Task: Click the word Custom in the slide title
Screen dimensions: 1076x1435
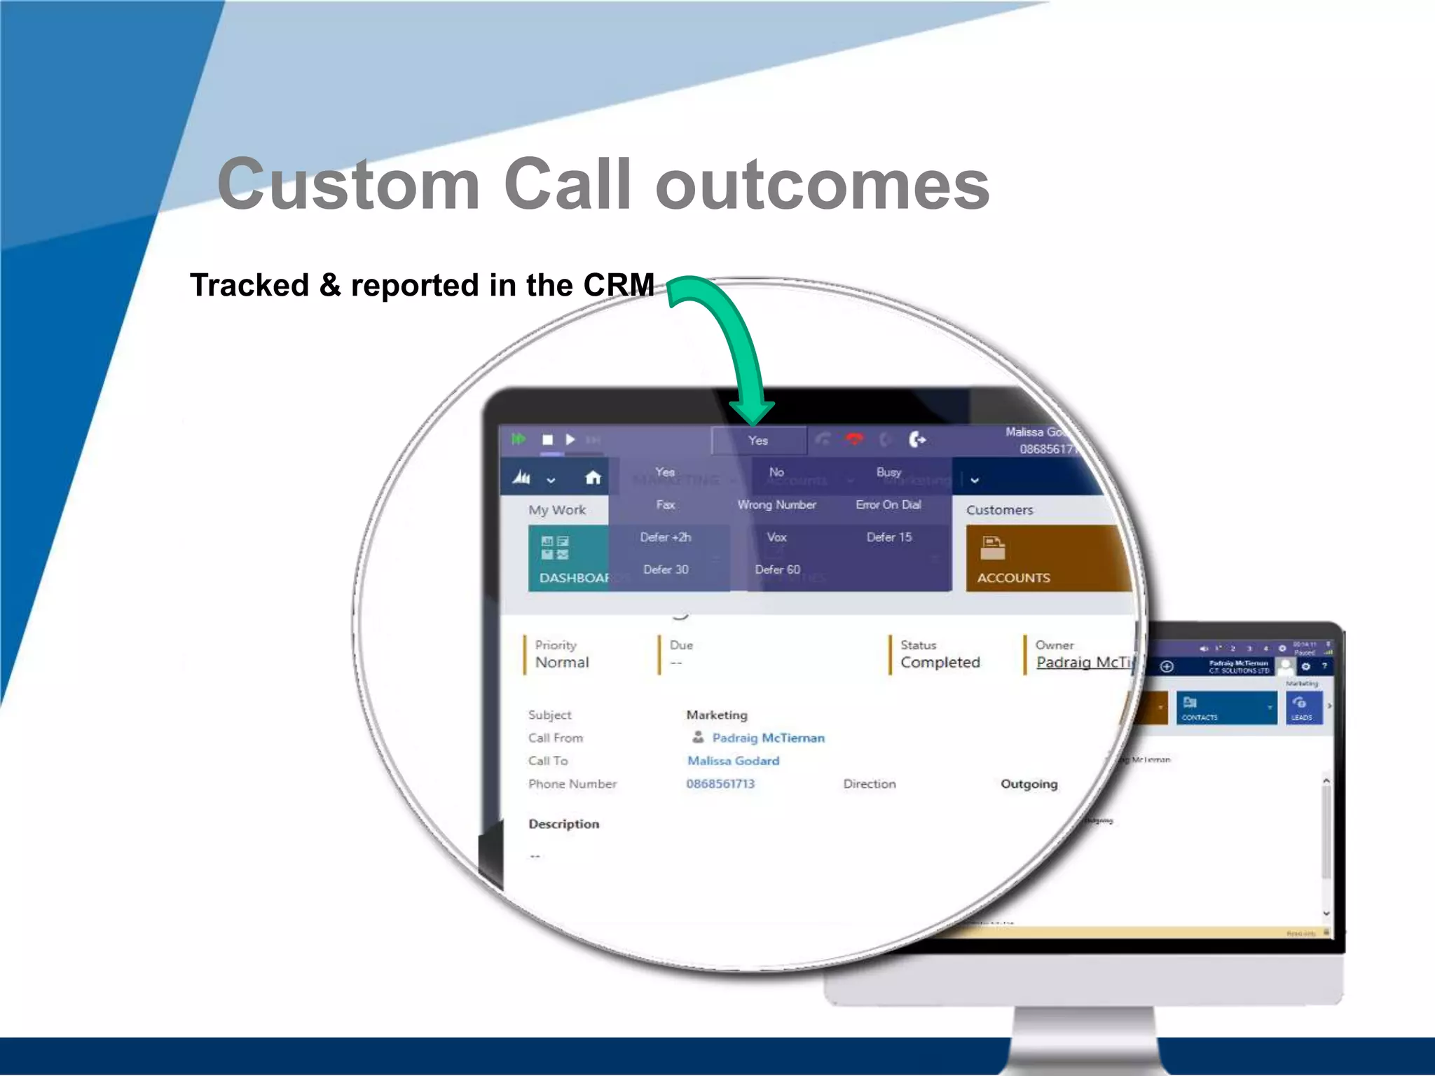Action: [x=348, y=184]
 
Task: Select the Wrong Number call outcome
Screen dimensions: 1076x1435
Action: [x=776, y=504]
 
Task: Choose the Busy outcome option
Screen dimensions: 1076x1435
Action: [x=888, y=472]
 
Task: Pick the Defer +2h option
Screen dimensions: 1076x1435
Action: [x=665, y=537]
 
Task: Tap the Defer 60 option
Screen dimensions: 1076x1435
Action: [x=777, y=570]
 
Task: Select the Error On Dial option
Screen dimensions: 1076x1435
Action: [x=888, y=504]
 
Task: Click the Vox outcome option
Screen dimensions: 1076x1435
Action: [x=776, y=537]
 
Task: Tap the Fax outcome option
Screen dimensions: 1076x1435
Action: [x=665, y=504]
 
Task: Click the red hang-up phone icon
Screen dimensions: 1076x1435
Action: [x=854, y=439]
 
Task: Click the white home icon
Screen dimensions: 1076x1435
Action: [x=593, y=478]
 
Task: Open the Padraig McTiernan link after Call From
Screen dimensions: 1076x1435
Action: [x=768, y=738]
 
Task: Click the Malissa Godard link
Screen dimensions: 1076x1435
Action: [x=733, y=761]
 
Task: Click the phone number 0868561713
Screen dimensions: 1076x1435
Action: [x=720, y=784]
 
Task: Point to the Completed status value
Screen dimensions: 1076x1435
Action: [x=940, y=663]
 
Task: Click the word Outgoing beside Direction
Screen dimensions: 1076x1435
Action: [x=1029, y=784]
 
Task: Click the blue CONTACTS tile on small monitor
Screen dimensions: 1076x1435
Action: [x=1225, y=708]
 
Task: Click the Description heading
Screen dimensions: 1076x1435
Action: [x=563, y=824]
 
